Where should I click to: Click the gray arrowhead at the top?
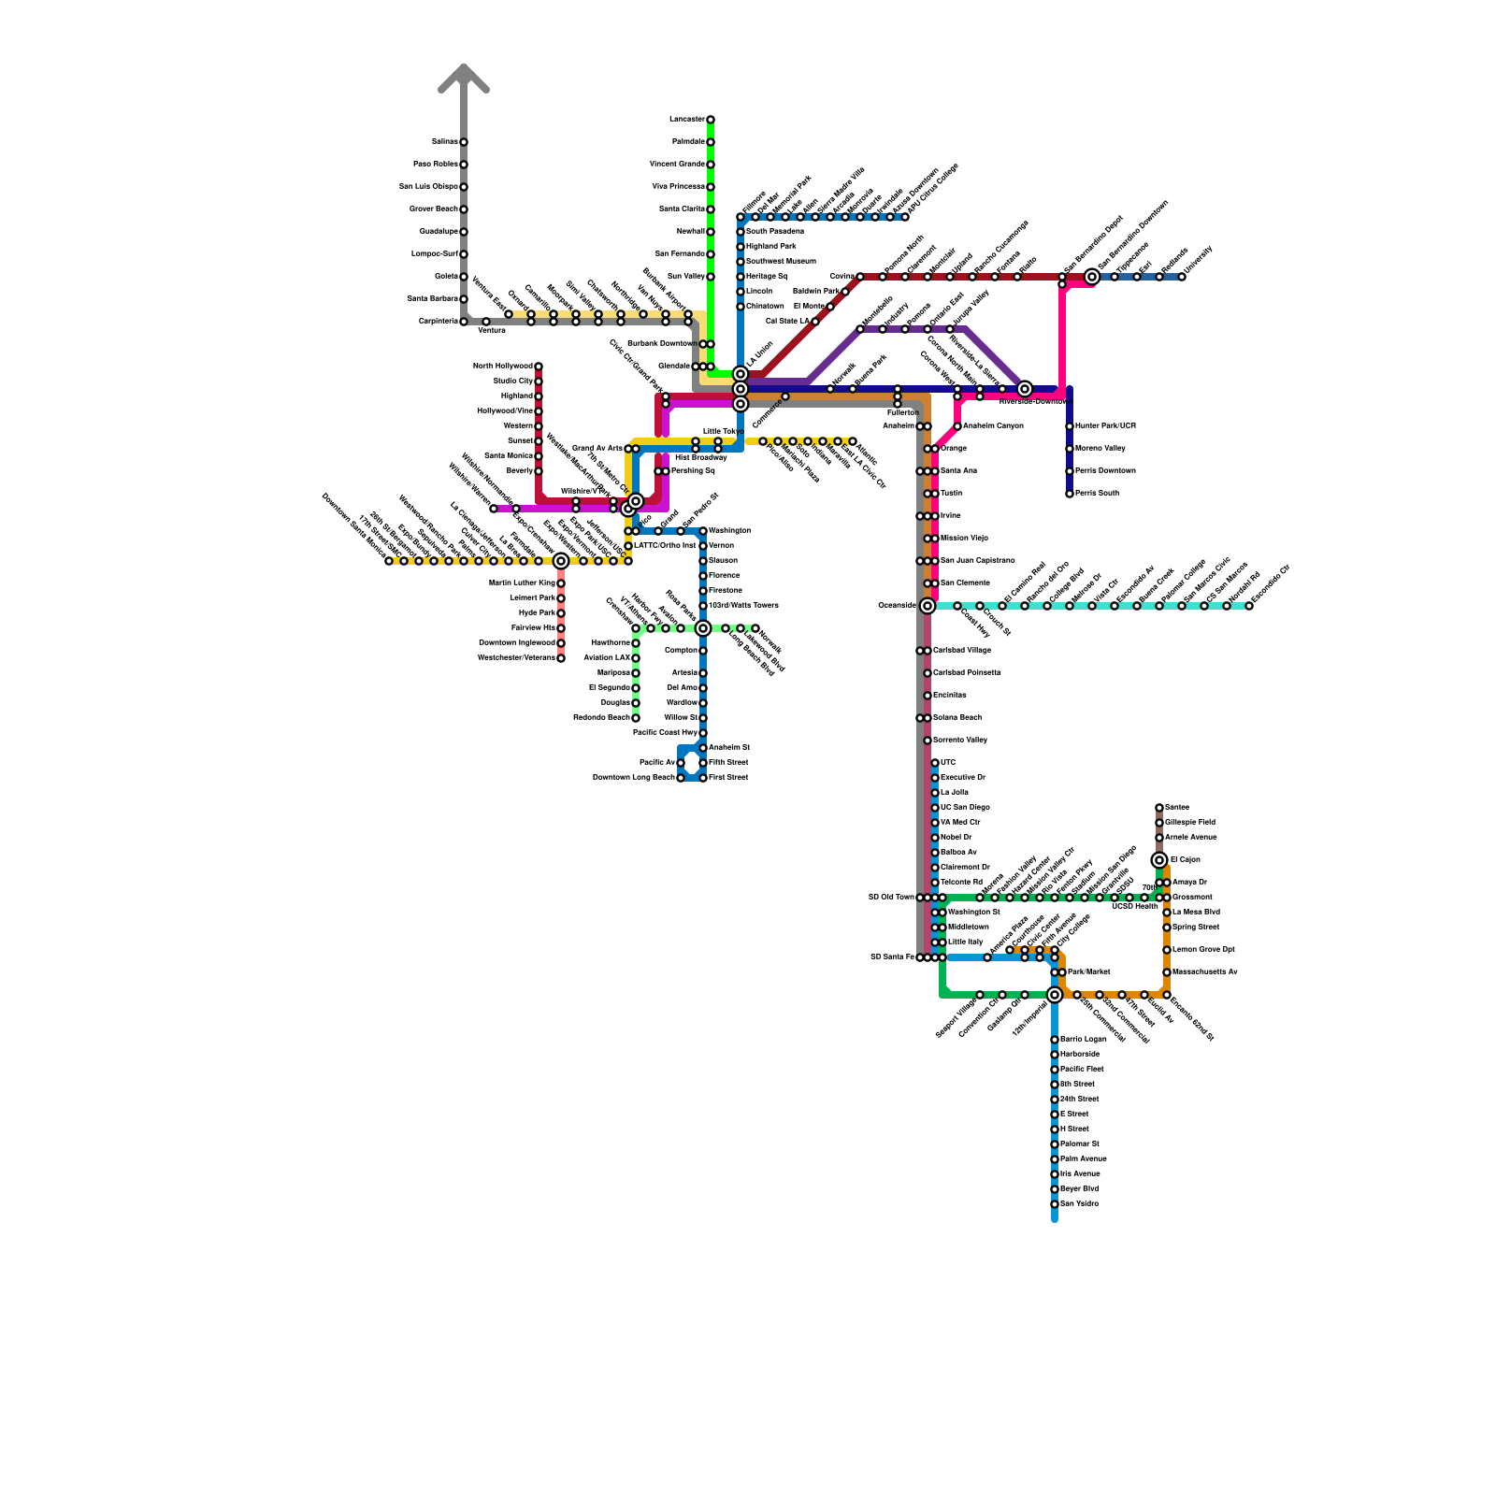pyautogui.click(x=464, y=77)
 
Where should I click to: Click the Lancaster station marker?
pyautogui.click(x=711, y=120)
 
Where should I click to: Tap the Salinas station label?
pyautogui.click(x=444, y=142)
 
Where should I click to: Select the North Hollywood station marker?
pyautogui.click(x=539, y=367)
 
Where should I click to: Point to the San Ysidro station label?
pyautogui.click(x=1080, y=1204)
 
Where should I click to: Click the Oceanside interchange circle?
pyautogui.click(x=928, y=606)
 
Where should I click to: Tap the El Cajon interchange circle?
pyautogui.click(x=1159, y=860)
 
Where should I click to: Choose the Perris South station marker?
pyautogui.click(x=1070, y=494)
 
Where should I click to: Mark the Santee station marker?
pyautogui.click(x=1159, y=808)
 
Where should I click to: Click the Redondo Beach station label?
pyautogui.click(x=602, y=718)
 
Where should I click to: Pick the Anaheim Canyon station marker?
pyautogui.click(x=957, y=426)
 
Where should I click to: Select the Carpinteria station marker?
pyautogui.click(x=464, y=322)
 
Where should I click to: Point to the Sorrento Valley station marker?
pyautogui.click(x=928, y=741)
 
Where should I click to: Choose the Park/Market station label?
pyautogui.click(x=1089, y=972)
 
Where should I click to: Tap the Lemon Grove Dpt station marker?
pyautogui.click(x=1167, y=950)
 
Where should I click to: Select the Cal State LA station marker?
pyautogui.click(x=815, y=322)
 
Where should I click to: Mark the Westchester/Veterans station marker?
pyautogui.click(x=561, y=658)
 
